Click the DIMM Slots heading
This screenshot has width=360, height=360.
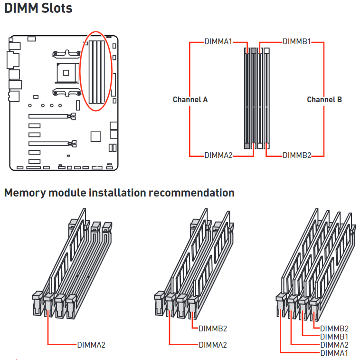[x=38, y=9]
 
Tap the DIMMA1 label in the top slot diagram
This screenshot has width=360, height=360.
[x=218, y=41]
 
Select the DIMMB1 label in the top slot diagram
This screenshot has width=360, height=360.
[x=297, y=41]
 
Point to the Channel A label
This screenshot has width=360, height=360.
[x=190, y=100]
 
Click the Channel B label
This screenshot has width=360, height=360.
[x=324, y=100]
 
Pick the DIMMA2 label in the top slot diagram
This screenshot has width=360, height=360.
[x=218, y=156]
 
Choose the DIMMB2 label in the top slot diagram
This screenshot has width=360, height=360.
[x=297, y=156]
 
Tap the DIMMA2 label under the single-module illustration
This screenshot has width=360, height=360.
[x=91, y=345]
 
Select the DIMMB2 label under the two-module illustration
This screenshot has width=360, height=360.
[x=213, y=329]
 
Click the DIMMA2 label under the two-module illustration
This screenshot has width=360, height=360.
[x=213, y=345]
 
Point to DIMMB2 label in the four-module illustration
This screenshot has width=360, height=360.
[x=334, y=328]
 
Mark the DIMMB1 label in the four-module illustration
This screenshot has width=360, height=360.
[x=334, y=336]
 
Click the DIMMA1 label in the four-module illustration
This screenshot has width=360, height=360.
[x=334, y=353]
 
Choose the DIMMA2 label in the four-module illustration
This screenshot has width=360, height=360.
[x=334, y=345]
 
